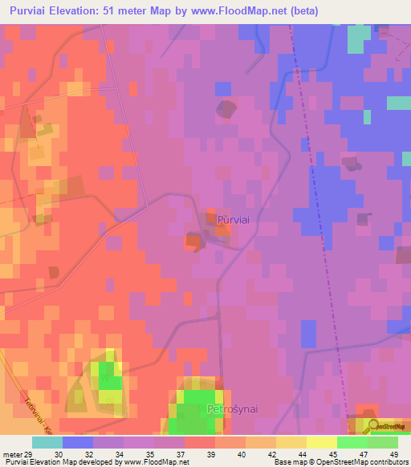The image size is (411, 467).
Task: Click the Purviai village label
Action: pos(233,219)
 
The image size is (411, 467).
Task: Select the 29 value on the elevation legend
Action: pos(30,454)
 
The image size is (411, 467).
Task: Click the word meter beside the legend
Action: pos(11,454)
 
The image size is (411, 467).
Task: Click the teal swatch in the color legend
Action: pos(47,442)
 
